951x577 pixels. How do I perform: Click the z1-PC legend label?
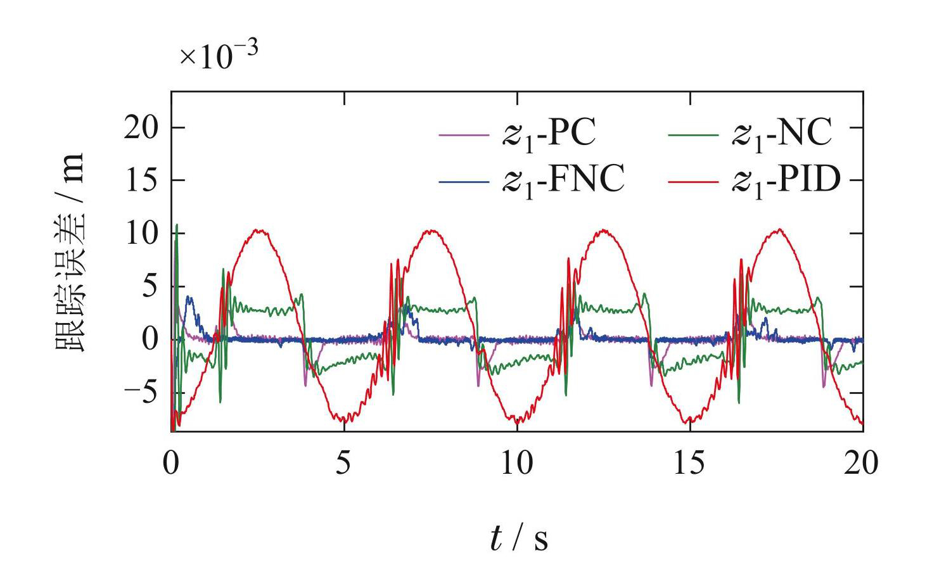tap(549, 134)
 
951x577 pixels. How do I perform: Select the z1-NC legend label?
tap(782, 134)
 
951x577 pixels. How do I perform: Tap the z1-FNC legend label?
tap(563, 180)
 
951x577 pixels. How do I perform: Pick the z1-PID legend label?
tap(786, 180)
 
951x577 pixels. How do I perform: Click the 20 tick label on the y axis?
tap(140, 128)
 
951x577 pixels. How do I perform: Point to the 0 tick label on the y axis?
tap(149, 340)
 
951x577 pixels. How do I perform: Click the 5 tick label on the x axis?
tap(343, 464)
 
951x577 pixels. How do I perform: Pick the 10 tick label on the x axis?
tap(516, 464)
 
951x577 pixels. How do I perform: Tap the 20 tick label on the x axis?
tap(862, 464)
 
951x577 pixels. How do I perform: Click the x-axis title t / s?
tap(518, 538)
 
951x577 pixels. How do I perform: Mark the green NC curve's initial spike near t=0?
tap(177, 225)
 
